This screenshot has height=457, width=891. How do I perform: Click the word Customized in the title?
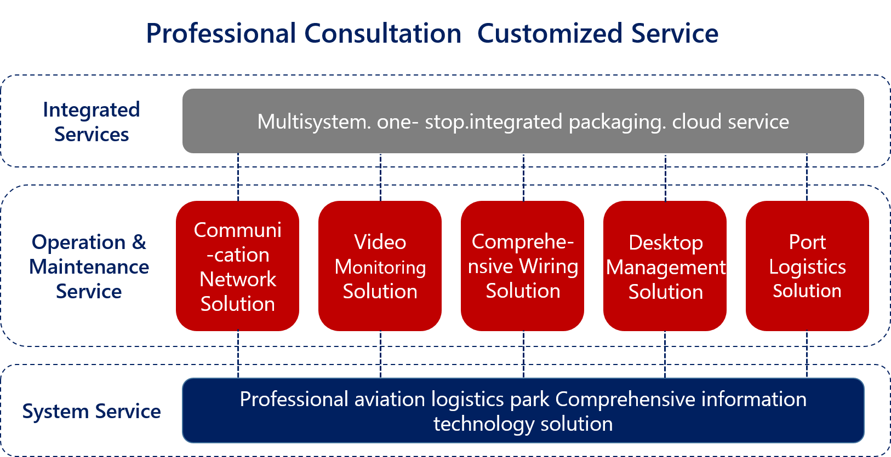pos(549,33)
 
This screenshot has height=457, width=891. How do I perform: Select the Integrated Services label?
pos(92,122)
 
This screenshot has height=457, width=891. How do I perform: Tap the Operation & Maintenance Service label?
pos(89,266)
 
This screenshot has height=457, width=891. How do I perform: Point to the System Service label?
pos(92,411)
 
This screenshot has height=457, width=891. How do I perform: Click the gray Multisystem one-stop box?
pos(523,121)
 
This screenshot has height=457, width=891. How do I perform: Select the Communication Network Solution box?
pos(237,266)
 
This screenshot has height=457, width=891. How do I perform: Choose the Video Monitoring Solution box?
pos(380,266)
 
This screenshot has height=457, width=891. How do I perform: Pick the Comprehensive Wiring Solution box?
pos(522,266)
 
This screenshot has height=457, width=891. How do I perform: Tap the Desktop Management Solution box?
pos(665,266)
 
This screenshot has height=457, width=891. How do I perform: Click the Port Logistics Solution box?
pos(807,266)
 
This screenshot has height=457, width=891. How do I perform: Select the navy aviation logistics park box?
pos(523,410)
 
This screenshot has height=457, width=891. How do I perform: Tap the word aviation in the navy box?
pos(390,399)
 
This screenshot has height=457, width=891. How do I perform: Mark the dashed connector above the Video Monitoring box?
pos(381,177)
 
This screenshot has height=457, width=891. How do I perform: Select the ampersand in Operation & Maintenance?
pos(139,241)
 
